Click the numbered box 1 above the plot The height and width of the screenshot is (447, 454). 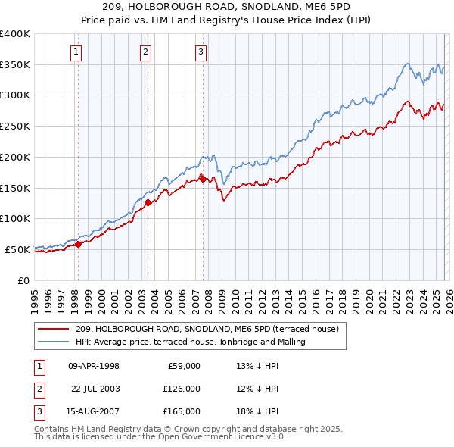(x=77, y=52)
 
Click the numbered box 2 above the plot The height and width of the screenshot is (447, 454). (x=145, y=52)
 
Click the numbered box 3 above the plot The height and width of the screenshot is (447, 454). (x=201, y=52)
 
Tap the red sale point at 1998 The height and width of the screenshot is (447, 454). (x=78, y=243)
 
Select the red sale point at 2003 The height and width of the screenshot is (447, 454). (x=148, y=202)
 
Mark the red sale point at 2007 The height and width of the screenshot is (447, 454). (x=203, y=178)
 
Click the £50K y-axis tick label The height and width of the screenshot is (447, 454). (x=17, y=249)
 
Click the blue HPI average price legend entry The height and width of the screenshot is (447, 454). (x=189, y=342)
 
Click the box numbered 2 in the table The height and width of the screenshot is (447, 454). (x=38, y=389)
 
